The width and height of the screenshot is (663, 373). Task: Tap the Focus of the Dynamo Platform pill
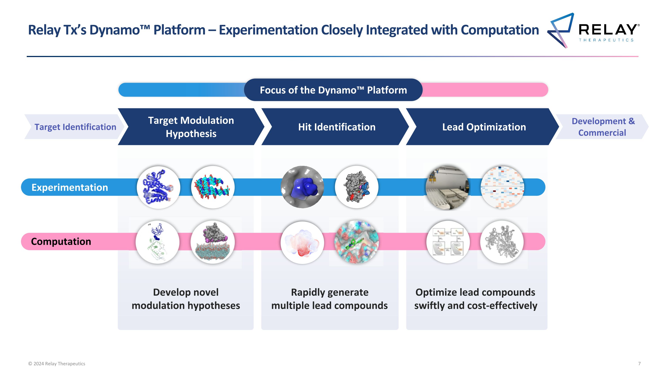(x=333, y=90)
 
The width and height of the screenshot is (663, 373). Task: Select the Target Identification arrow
(x=75, y=127)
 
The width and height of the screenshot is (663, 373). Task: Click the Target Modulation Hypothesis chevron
(x=191, y=127)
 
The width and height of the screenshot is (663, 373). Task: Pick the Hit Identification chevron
(x=336, y=127)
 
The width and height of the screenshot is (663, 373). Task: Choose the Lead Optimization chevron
(x=484, y=127)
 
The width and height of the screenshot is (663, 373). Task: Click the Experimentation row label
(x=69, y=187)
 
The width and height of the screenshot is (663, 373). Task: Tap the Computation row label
(x=61, y=241)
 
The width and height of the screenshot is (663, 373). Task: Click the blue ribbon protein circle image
(x=158, y=187)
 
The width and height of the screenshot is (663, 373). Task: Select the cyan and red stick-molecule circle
(x=213, y=187)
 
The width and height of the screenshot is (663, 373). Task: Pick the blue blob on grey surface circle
(x=302, y=187)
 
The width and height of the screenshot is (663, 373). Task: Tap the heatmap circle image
(x=502, y=187)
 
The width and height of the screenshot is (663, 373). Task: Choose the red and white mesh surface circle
(x=302, y=243)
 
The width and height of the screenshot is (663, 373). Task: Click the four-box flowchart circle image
(x=448, y=242)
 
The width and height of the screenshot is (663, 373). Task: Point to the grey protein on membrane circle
(x=213, y=242)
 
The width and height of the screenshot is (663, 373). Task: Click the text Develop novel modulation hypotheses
(x=186, y=299)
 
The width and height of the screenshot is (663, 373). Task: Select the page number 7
(x=639, y=363)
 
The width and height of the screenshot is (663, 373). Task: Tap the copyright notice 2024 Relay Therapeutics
(x=57, y=363)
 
